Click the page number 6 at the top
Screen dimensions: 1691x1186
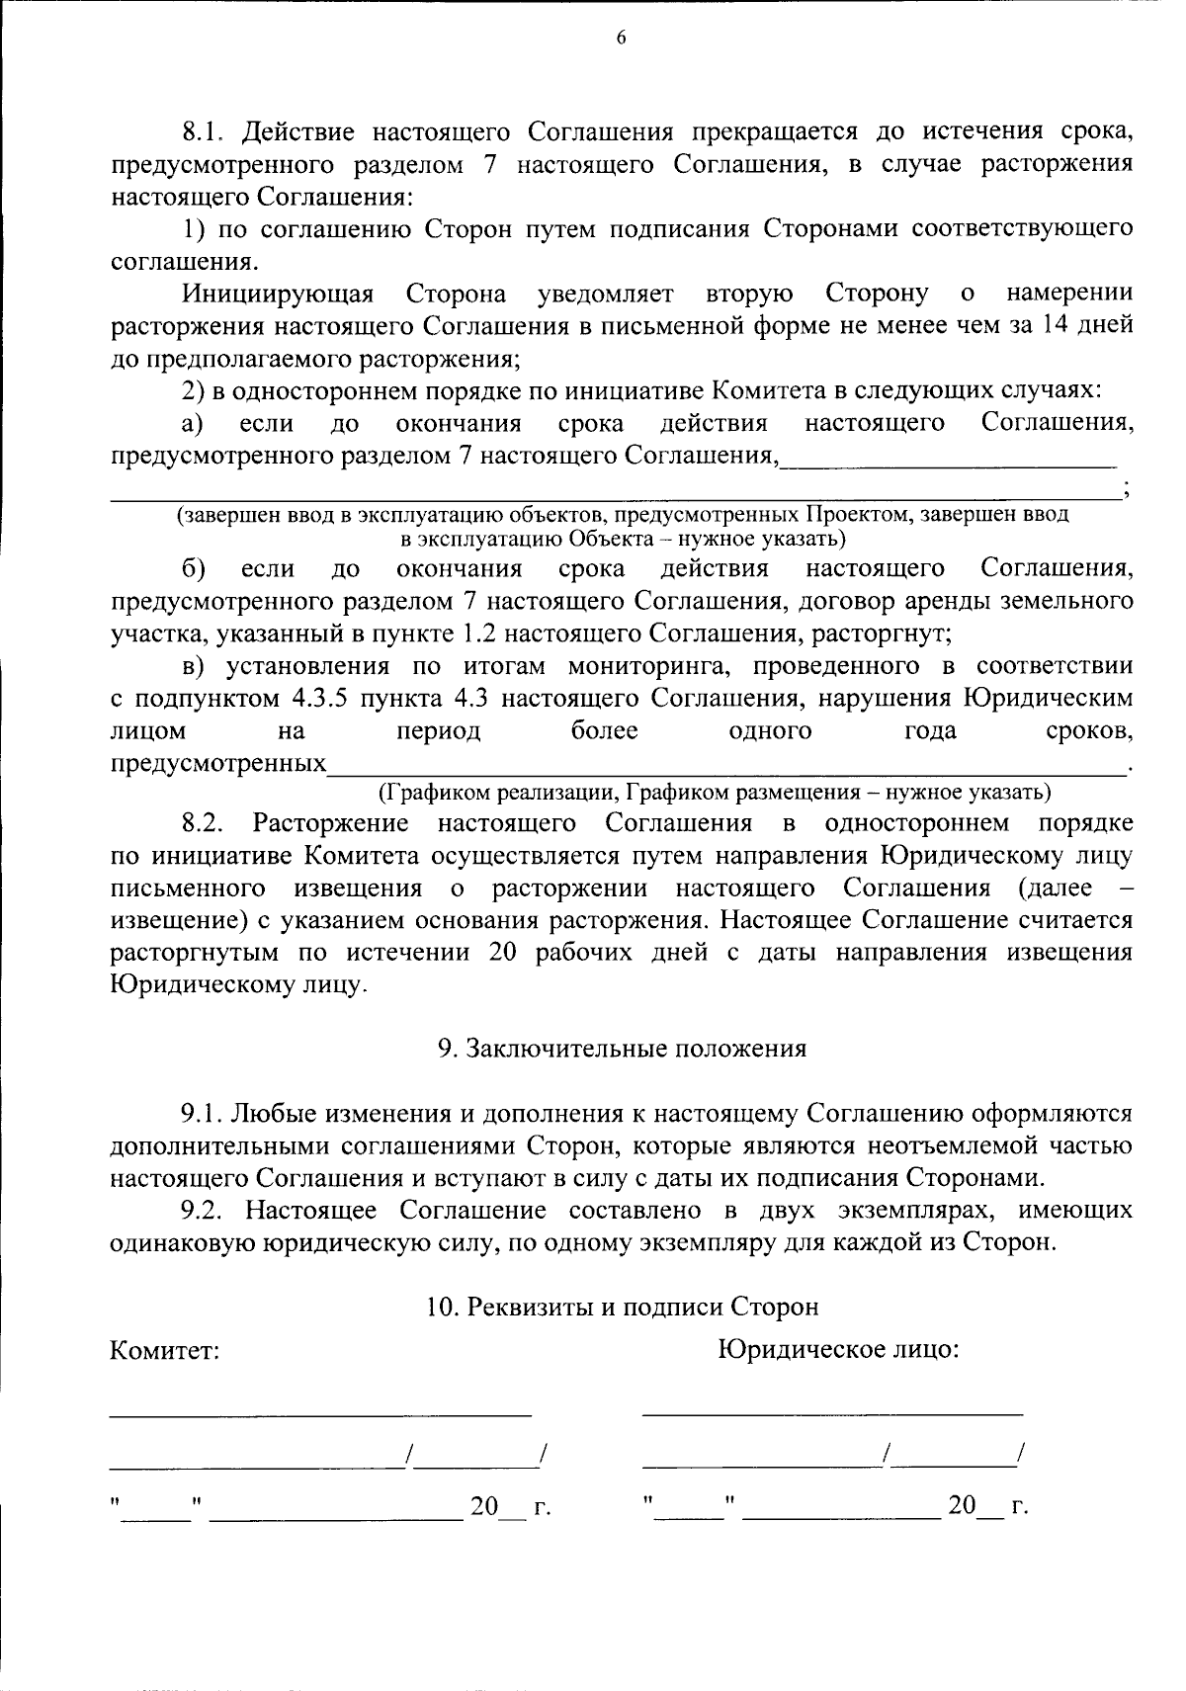coord(621,39)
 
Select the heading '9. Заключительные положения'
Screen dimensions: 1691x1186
coord(622,1049)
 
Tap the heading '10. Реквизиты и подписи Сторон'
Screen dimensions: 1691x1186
coord(622,1308)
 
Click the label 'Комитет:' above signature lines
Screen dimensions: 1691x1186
coord(164,1350)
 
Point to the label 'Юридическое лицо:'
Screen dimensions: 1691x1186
coord(839,1349)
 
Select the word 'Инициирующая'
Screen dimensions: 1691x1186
coord(277,295)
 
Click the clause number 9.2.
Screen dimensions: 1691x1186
coord(205,1211)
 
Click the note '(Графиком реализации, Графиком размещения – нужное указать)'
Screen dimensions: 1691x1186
coord(715,793)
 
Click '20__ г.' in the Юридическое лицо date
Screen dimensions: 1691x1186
coord(986,1506)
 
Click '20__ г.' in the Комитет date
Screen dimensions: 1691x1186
coord(508,1507)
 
